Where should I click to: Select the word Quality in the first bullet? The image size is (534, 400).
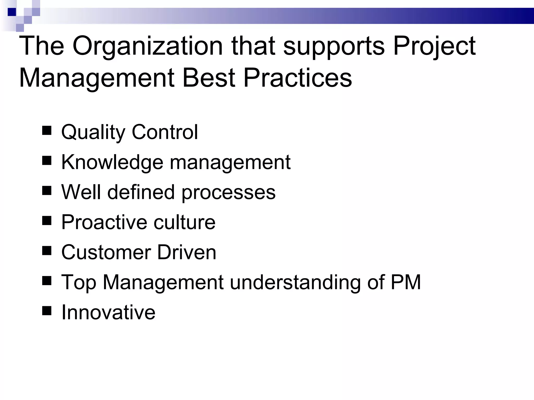[x=93, y=132]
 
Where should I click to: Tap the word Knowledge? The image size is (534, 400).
[x=112, y=162]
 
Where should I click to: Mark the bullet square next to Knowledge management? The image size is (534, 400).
[x=47, y=161]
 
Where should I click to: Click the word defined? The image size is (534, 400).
[x=141, y=192]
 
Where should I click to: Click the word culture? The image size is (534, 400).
[x=185, y=222]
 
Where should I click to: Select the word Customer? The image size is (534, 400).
[x=106, y=252]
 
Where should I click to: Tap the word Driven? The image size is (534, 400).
[x=187, y=252]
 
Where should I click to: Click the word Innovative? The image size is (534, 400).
[x=108, y=312]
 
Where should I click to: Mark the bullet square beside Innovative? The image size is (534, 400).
[x=47, y=311]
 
